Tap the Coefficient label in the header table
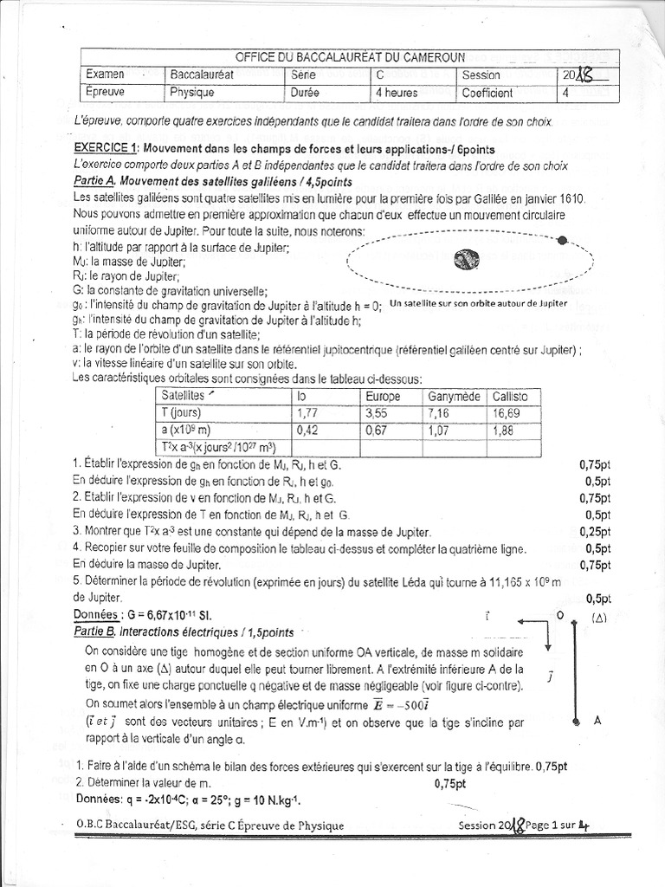tap(487, 92)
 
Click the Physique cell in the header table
tap(191, 92)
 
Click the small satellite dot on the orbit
tap(562, 241)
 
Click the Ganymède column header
tap(453, 396)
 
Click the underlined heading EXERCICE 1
tap(105, 148)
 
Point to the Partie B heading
tap(94, 631)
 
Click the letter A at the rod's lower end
tap(597, 720)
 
